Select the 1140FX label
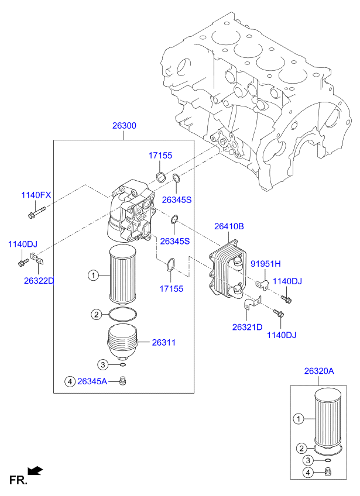(37, 195)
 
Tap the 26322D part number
(39, 280)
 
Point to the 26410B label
(229, 226)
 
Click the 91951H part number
(266, 263)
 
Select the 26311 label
(164, 342)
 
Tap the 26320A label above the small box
(318, 371)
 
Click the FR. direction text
(18, 480)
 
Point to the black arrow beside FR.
(36, 469)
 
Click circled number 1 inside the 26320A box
(299, 418)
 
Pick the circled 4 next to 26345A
(70, 381)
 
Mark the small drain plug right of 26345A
(123, 381)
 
